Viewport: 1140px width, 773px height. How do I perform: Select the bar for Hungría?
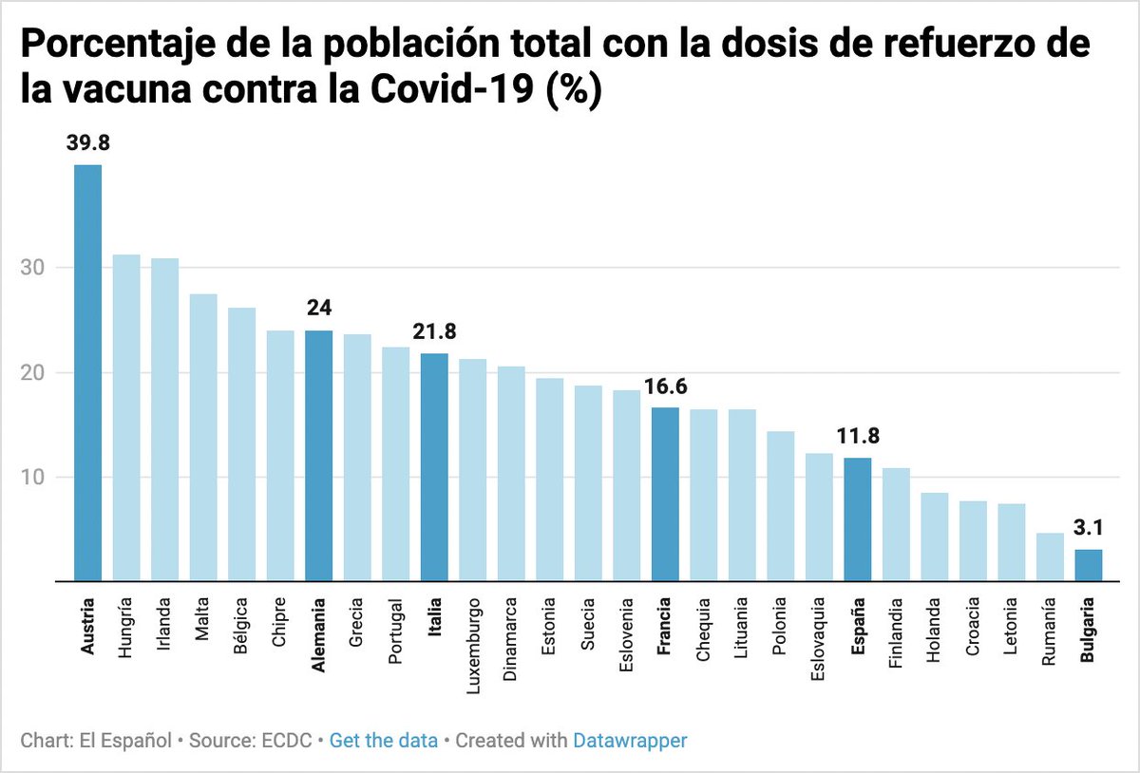point(126,418)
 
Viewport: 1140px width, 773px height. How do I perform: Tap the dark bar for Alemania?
point(318,456)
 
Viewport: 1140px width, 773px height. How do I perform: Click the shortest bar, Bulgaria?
point(1088,565)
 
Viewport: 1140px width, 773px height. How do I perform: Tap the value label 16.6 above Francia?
point(665,386)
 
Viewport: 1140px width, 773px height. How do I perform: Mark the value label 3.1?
point(1088,528)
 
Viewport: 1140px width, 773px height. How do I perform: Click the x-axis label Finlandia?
point(895,632)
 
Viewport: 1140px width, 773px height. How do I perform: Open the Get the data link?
point(384,740)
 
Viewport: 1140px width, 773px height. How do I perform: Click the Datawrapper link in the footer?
point(630,740)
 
